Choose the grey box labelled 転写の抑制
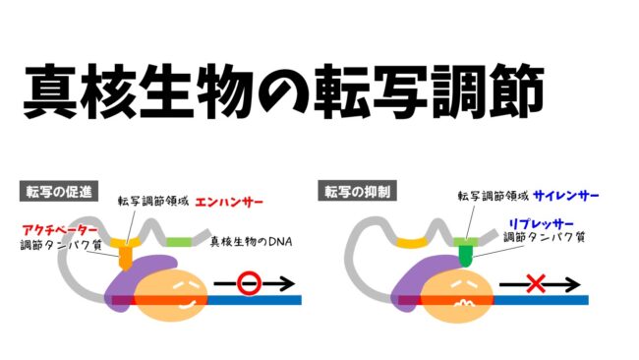point(353,191)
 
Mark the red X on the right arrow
point(536,285)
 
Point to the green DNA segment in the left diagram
point(178,241)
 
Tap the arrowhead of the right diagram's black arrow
point(579,285)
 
